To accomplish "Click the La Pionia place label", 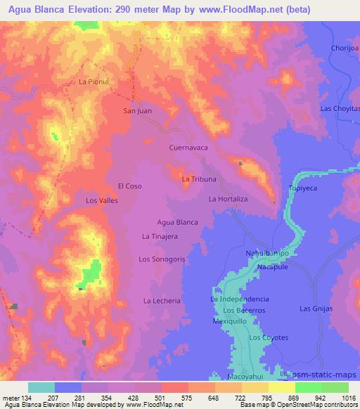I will (x=94, y=82).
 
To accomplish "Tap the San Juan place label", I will (x=137, y=110).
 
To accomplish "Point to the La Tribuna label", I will (x=198, y=179).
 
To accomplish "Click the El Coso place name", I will (x=130, y=186).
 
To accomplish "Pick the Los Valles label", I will (x=101, y=201).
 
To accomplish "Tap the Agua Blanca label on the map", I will (x=177, y=222).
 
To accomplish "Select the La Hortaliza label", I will (x=229, y=200).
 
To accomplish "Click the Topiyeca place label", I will (x=304, y=190).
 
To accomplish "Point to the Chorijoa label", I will (x=345, y=48).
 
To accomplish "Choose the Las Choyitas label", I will (x=340, y=108).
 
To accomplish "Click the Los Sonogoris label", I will (x=162, y=259).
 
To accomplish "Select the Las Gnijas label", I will (x=316, y=309).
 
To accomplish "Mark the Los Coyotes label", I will (x=269, y=338).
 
